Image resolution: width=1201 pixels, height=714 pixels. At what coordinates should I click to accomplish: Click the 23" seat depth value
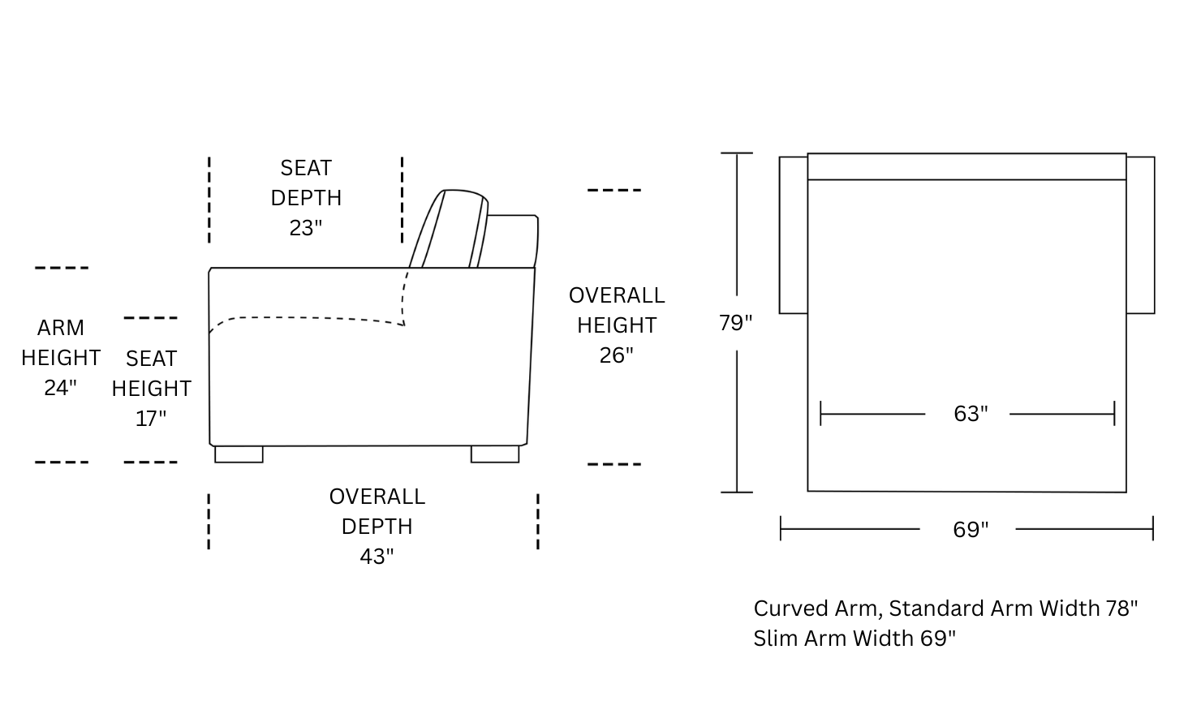pos(306,228)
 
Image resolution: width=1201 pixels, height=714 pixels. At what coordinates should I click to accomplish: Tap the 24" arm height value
pos(60,388)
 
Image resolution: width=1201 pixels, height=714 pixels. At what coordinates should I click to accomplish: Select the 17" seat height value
pos(151,419)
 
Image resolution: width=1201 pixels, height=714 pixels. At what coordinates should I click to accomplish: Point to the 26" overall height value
pos(616,355)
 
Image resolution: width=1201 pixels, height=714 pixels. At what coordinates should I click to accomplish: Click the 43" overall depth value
pos(377,557)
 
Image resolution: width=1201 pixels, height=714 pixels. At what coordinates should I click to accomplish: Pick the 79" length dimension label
pos(735,323)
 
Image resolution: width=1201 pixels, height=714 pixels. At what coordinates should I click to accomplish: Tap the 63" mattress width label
pos(971,414)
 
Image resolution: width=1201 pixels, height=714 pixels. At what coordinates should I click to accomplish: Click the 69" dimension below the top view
pos(971,530)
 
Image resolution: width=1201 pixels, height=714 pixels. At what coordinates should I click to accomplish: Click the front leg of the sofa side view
pos(239,454)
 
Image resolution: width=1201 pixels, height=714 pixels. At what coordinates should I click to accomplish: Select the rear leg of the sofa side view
pos(495,454)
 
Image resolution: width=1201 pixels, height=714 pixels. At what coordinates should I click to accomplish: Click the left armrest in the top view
pos(794,234)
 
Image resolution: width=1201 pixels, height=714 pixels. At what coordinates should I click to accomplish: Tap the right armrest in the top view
pos(1140,234)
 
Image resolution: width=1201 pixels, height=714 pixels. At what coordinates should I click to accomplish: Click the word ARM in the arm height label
pos(60,328)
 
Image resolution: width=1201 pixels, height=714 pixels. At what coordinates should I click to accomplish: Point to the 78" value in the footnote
pos(1121,609)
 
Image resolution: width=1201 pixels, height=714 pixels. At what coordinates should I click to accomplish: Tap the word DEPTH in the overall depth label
pos(377,527)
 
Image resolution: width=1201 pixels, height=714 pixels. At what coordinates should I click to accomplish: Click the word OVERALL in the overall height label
pos(617,295)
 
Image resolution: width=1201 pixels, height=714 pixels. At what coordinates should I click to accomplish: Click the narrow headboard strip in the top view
pos(966,166)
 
